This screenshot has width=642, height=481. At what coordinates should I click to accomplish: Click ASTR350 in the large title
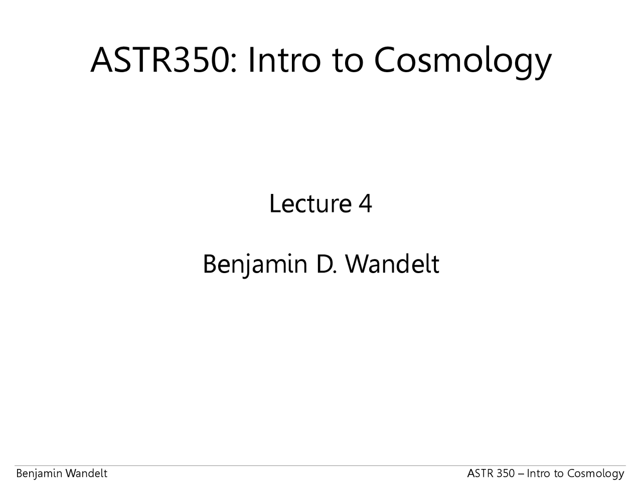pyautogui.click(x=159, y=60)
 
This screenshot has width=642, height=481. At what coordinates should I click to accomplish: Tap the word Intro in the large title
pyautogui.click(x=284, y=60)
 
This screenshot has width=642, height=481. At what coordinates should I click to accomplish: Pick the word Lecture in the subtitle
pyautogui.click(x=310, y=203)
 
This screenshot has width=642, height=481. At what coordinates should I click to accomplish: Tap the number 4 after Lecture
pyautogui.click(x=365, y=203)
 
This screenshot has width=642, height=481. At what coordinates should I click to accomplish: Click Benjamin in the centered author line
pyautogui.click(x=255, y=264)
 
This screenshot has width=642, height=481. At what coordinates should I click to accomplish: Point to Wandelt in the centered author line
pyautogui.click(x=392, y=264)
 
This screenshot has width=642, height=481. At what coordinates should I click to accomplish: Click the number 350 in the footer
pyautogui.click(x=504, y=473)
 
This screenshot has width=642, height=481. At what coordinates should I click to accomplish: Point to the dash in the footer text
pyautogui.click(x=521, y=473)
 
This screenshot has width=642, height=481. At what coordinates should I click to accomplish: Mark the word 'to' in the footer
pyautogui.click(x=559, y=473)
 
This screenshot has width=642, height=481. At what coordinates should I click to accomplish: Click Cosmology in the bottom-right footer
pyautogui.click(x=596, y=473)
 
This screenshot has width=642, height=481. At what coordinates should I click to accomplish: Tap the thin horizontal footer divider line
pyautogui.click(x=321, y=466)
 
